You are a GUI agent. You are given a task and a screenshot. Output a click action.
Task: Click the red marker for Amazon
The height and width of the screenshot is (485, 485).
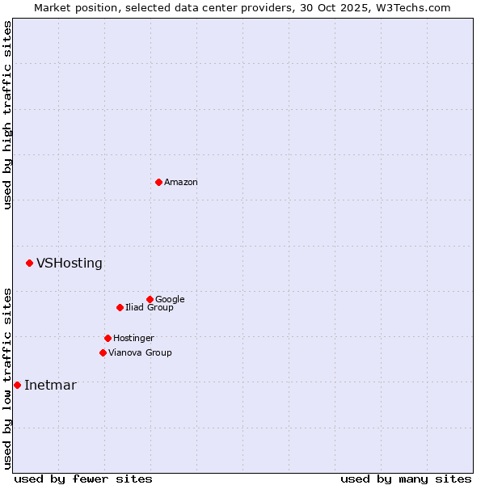158,182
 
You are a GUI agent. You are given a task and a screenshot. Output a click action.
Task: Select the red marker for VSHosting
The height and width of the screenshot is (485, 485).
29,263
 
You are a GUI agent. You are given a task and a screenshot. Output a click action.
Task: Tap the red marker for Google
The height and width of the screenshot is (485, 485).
150,299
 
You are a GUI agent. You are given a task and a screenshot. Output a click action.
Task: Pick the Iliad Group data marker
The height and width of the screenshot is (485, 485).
120,307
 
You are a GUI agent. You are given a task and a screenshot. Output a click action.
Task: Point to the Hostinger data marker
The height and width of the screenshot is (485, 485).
108,338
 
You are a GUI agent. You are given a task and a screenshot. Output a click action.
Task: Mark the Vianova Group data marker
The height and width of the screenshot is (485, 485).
103,352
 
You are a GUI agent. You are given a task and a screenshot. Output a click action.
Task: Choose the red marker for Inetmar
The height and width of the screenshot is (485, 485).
17,385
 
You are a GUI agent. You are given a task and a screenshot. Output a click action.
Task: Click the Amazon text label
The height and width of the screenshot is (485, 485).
181,183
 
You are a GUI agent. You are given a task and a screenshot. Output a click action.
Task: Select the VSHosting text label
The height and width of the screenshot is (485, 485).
70,264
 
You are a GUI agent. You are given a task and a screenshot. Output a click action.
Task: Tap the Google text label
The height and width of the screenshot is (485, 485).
170,300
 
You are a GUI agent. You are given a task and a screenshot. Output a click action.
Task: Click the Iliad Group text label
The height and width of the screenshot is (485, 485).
150,308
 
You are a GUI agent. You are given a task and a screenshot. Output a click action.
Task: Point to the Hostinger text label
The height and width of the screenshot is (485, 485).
133,339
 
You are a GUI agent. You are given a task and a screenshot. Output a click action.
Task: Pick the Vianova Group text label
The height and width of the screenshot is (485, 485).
140,353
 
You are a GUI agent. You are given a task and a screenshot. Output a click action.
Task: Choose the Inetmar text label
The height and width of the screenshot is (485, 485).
50,386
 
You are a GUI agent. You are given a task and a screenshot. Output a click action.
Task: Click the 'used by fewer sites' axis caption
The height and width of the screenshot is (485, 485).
83,479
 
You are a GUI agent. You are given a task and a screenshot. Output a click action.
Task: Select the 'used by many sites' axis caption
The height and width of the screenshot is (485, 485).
406,479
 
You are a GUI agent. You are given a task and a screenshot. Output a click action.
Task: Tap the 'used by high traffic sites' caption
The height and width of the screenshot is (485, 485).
7,115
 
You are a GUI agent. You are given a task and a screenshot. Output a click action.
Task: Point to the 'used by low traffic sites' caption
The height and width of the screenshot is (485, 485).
7,377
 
